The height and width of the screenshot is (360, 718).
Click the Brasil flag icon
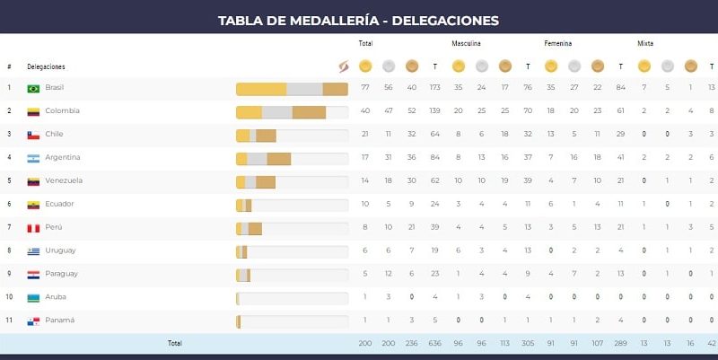coord(33,88)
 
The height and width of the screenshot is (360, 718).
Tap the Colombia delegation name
coord(62,111)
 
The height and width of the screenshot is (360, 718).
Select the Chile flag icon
coord(33,135)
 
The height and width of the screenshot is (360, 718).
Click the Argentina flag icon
coord(33,158)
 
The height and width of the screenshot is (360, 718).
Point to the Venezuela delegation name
coord(64,180)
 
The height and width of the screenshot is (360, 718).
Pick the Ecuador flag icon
coord(33,205)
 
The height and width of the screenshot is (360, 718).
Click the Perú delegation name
coord(54,227)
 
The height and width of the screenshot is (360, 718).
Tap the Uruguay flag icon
coord(33,250)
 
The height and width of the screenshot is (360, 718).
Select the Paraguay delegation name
coord(61,274)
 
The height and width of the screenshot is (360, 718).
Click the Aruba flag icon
coord(33,297)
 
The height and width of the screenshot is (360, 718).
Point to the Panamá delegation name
coord(59,320)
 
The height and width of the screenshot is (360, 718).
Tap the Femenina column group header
coord(558,43)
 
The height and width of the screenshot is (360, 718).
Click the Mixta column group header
coord(645,43)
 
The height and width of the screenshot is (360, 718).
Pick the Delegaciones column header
coord(46,66)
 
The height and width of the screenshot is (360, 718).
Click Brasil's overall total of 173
coord(434,88)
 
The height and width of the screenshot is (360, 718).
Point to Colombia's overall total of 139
coord(434,111)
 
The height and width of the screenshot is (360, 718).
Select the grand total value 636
coord(434,343)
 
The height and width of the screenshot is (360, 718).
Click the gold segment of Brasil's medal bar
coord(261,89)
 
